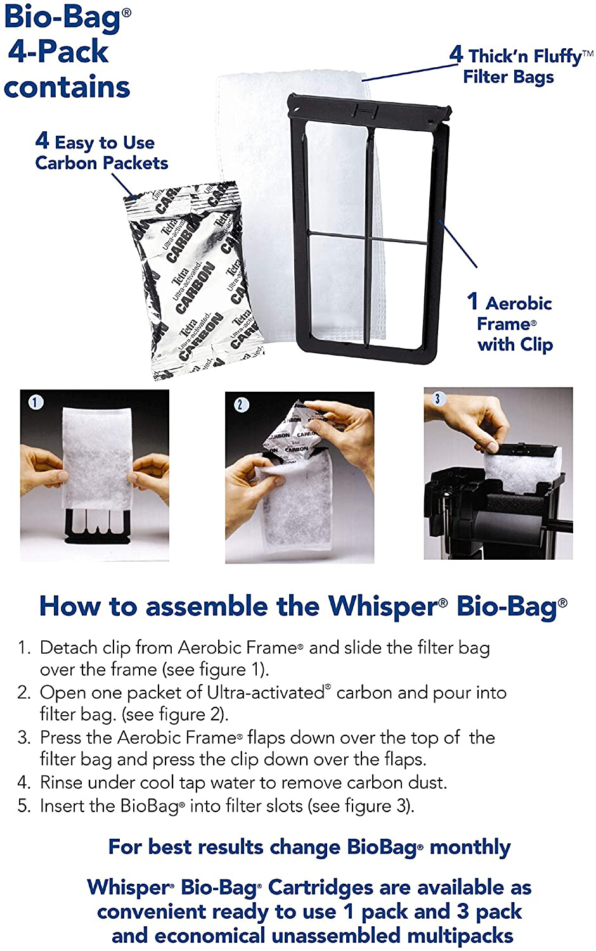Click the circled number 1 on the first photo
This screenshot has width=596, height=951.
click(36, 402)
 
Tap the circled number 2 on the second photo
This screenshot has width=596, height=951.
click(241, 404)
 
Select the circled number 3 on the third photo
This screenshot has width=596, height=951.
click(437, 398)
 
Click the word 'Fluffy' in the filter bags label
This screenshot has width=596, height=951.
click(557, 56)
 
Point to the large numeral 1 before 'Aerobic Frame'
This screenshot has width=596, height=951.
click(472, 301)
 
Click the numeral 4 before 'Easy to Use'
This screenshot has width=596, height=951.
click(42, 141)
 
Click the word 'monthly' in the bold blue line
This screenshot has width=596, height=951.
click(470, 848)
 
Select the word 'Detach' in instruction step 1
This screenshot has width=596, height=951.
click(66, 648)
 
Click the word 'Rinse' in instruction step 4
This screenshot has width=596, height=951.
click(61, 782)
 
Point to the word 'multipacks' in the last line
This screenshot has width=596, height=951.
click(460, 936)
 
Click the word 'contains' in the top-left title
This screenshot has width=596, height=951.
click(67, 87)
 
